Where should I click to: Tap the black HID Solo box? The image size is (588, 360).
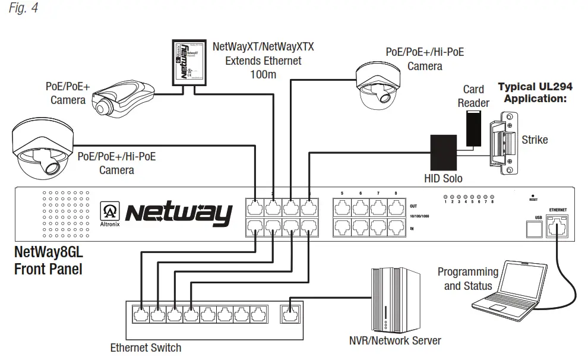[x=442, y=151]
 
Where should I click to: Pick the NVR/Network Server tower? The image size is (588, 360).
[x=395, y=301]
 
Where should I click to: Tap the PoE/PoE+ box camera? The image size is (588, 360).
[x=119, y=98]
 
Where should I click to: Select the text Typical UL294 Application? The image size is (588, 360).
[x=534, y=93]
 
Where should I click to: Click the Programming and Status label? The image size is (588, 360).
[x=467, y=279]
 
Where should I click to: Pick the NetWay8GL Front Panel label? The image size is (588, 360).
[x=48, y=261]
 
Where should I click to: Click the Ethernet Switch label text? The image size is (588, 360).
[x=146, y=348]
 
